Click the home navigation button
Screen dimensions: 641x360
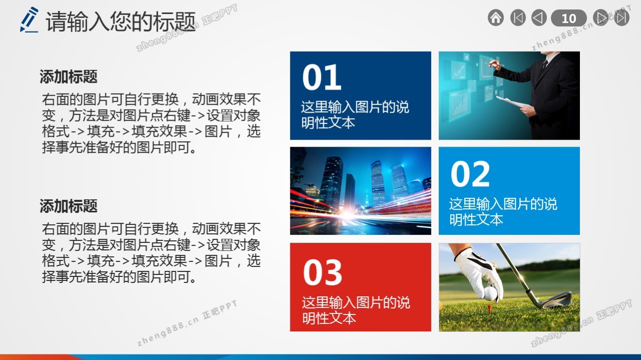tap(496, 18)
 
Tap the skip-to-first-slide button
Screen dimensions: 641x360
tap(518, 18)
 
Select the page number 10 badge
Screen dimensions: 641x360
tap(568, 18)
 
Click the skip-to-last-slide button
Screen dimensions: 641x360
tap(622, 18)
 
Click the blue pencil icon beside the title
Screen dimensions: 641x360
tap(29, 20)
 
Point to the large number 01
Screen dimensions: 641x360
tap(322, 77)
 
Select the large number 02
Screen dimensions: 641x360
tap(470, 174)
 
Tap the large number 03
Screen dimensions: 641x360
tap(323, 272)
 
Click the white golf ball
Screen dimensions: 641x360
tap(490, 293)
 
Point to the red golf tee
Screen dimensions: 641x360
tap(489, 308)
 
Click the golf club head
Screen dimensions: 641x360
tap(556, 300)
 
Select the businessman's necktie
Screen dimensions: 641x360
tap(544, 66)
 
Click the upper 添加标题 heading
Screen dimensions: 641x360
tap(69, 77)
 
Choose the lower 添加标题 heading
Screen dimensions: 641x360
tap(69, 206)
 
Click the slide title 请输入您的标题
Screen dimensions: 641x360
tap(121, 21)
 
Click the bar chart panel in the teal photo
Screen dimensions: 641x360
tap(460, 105)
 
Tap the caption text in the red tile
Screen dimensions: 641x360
tap(356, 310)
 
